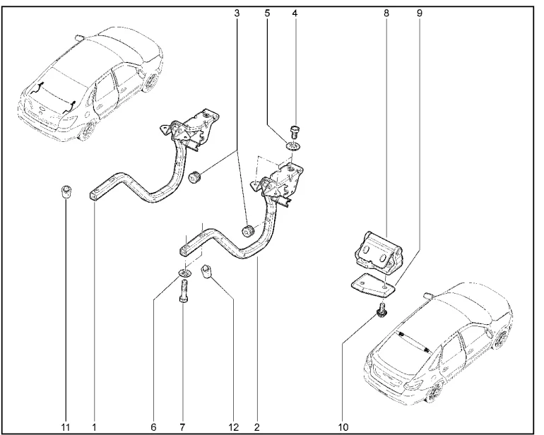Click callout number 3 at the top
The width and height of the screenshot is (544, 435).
[236, 12]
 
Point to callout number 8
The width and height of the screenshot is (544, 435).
[386, 12]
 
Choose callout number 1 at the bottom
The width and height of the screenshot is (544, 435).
[93, 427]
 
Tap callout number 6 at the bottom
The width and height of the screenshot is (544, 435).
[153, 427]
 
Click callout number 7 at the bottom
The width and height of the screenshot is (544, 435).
[183, 427]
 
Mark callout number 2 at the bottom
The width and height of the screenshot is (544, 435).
[257, 427]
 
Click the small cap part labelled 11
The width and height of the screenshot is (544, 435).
[65, 192]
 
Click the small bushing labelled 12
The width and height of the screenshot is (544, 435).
[208, 272]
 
